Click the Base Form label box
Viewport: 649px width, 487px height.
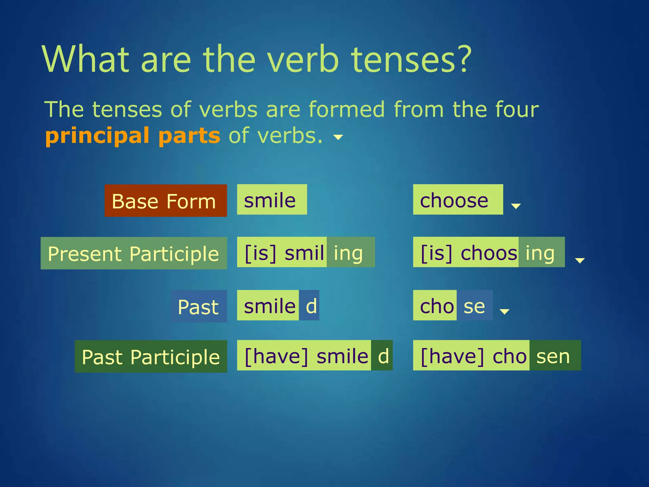[166, 201]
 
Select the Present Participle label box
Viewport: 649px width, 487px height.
[134, 253]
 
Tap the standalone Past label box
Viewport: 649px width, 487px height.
[199, 306]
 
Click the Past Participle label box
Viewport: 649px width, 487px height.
[151, 356]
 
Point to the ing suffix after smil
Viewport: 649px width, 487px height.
[349, 253]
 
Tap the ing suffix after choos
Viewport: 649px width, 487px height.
[540, 253]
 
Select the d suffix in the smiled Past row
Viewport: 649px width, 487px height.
[311, 306]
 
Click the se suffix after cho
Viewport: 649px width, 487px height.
[474, 306]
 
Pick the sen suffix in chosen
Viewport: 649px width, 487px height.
[553, 356]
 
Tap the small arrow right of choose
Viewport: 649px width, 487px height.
[516, 206]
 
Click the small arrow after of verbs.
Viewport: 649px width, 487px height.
[338, 137]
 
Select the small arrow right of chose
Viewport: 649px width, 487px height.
[504, 311]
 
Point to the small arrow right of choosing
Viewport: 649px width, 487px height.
[580, 260]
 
